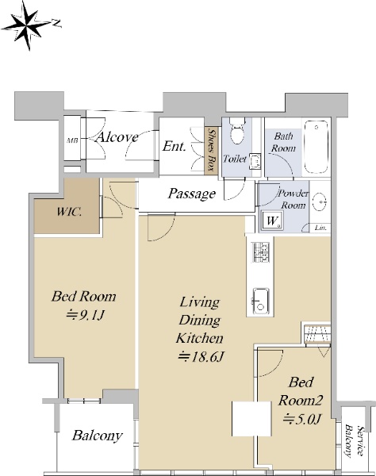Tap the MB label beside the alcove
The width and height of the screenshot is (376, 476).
click(72, 140)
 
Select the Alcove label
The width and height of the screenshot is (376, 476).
click(117, 137)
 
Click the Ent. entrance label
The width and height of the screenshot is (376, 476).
click(174, 146)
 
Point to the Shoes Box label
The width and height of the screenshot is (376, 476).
click(213, 150)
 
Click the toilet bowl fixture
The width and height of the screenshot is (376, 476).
click(237, 131)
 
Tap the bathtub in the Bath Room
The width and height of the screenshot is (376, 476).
click(317, 147)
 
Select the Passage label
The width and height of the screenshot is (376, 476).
click(192, 194)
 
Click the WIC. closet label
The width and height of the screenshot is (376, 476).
click(69, 211)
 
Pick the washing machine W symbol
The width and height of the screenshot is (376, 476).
click(271, 221)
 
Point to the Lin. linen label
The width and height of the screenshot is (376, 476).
click(320, 228)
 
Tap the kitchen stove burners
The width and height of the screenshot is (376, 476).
click(260, 252)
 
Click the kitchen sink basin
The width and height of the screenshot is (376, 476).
click(261, 301)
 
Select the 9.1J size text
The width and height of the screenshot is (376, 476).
click(86, 315)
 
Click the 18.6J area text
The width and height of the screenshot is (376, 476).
click(201, 357)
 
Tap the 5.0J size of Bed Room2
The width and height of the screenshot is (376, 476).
click(302, 419)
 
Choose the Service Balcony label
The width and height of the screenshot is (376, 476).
click(355, 441)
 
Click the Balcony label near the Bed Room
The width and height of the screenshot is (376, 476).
click(97, 436)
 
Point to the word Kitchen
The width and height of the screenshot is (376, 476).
click(200, 338)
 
